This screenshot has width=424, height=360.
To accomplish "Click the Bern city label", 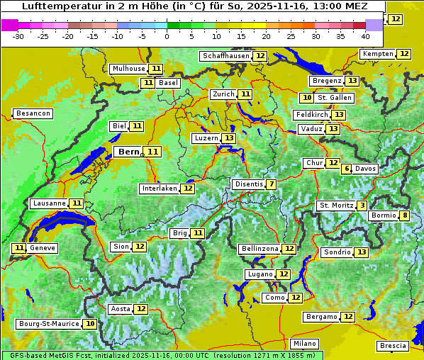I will tap(128, 152).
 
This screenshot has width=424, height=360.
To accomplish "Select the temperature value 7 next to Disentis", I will tap(272, 184).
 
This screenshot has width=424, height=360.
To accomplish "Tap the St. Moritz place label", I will tap(336, 206).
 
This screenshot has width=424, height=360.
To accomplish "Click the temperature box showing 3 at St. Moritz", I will tap(362, 206).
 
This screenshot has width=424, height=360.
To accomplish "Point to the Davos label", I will tap(365, 169).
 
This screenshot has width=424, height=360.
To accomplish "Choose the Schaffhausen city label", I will tap(226, 56).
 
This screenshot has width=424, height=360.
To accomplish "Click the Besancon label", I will tap(33, 113).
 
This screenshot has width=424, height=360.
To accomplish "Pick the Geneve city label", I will tap(43, 248).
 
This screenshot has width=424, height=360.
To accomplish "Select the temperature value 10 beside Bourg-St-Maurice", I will tap(90, 324).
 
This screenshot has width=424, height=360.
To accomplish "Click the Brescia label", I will tap(393, 346).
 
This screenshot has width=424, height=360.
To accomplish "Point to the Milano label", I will tap(306, 343).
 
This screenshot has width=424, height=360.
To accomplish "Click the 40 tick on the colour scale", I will tap(365, 35).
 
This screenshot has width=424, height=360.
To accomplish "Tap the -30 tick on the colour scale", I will tap(18, 35).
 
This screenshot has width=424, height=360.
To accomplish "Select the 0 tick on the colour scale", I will tap(167, 35).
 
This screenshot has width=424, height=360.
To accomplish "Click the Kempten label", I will tap(377, 54).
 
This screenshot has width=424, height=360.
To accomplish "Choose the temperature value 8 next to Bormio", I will tap(404, 215).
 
